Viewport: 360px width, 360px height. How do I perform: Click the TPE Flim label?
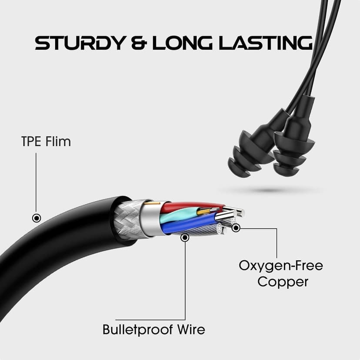[46, 142]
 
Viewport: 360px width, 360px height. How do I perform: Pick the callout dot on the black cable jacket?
[37, 218]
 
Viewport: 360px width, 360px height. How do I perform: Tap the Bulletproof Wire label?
[153, 329]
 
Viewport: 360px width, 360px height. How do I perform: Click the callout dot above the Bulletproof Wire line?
[185, 237]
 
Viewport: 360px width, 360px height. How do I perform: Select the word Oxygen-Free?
[281, 265]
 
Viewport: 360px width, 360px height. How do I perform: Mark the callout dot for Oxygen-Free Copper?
[236, 227]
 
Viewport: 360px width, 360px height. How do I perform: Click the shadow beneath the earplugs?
[270, 190]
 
